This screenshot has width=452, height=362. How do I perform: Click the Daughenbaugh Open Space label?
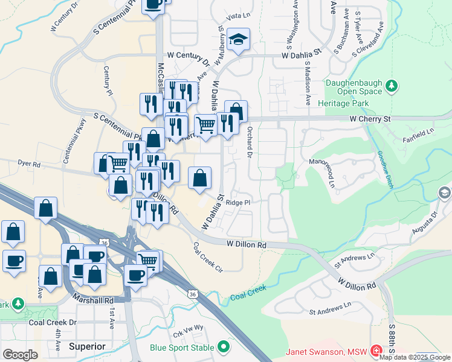pos(354,87)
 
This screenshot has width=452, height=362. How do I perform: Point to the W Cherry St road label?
pos(369,119)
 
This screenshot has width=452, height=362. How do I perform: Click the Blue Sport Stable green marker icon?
pos(224,348)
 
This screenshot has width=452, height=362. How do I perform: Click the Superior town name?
pos(87,346)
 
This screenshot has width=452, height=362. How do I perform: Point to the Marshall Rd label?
pos(92,299)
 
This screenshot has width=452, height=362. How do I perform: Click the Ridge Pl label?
pos(237,203)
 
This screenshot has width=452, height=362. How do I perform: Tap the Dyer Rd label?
pos(28,164)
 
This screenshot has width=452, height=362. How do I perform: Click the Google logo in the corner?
pos(21,355)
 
